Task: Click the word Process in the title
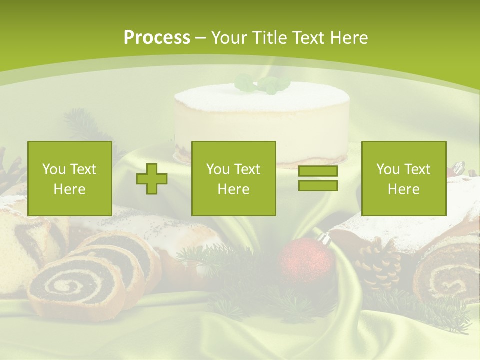[x=157, y=38]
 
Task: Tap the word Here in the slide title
[x=348, y=38]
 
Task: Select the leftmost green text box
[x=69, y=178]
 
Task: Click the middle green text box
[x=233, y=178]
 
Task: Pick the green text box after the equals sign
[x=403, y=178]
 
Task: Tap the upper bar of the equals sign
[x=318, y=171]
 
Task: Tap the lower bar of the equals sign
[x=318, y=186]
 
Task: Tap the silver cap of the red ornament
[x=324, y=238]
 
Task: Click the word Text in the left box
[x=82, y=169]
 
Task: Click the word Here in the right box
[x=403, y=189]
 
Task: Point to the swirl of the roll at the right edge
[x=447, y=280]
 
